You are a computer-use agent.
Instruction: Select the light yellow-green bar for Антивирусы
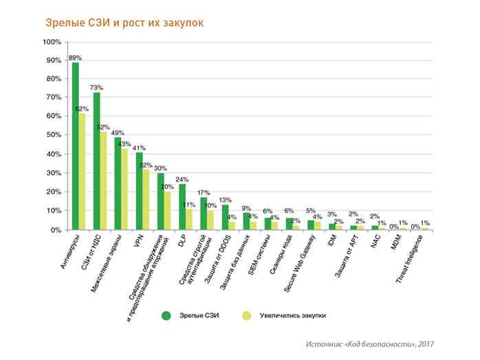82,172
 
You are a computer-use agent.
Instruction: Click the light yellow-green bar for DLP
188,219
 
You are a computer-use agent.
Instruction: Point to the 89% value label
75,57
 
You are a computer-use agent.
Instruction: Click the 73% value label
96,87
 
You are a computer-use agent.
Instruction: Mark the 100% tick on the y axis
52,43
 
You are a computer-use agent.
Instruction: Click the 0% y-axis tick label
56,230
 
